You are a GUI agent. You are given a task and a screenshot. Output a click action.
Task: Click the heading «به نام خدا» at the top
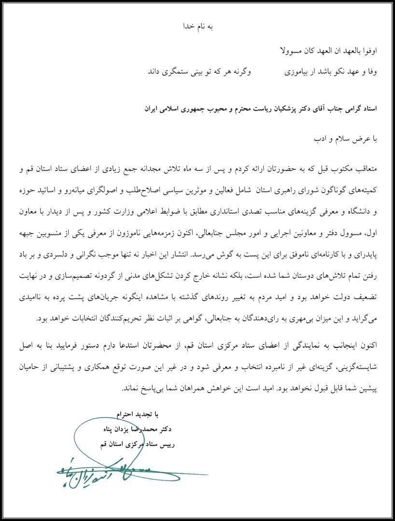point(197,27)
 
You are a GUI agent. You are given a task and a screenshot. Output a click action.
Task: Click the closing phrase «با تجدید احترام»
point(137,414)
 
